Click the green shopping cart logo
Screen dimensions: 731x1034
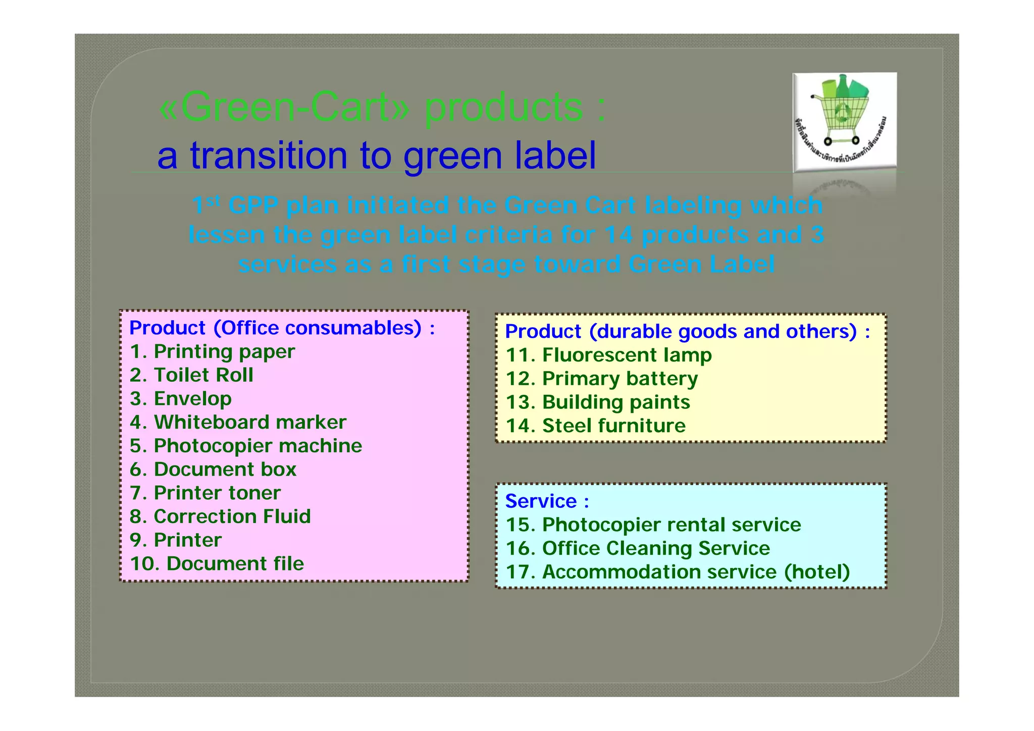coord(844,122)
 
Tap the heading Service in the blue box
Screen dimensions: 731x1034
coord(541,501)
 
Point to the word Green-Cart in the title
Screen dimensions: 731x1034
coord(283,108)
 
